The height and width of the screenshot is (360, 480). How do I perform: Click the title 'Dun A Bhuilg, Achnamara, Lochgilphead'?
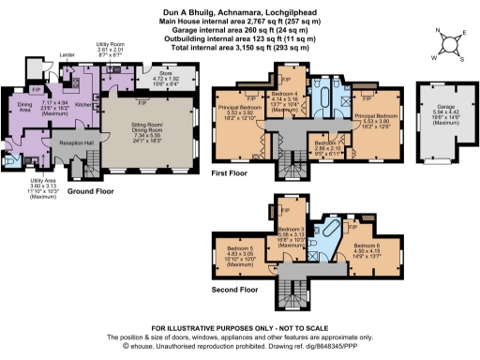(x=240, y=6)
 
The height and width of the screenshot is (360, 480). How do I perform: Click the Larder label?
(x=67, y=56)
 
